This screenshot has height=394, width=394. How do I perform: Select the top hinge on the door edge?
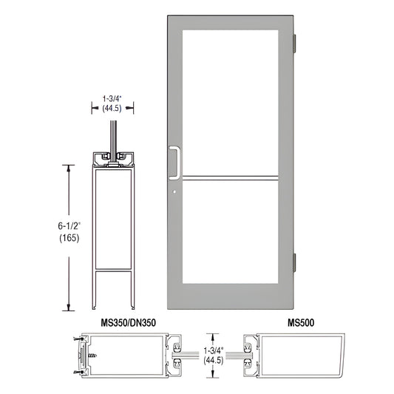(x=297, y=44)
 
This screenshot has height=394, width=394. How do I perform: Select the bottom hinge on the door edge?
(x=297, y=262)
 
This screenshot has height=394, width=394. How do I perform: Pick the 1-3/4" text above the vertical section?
(x=115, y=96)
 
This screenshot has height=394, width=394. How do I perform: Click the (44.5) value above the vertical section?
(x=115, y=106)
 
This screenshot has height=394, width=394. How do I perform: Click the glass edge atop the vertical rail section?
(x=115, y=137)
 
